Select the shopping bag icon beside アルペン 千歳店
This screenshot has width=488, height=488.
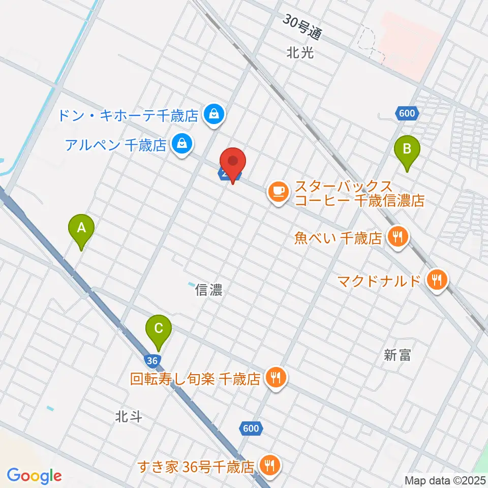coord(181,145)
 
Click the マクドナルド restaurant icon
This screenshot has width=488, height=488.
coord(437,279)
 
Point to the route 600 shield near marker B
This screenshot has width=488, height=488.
coord(407,114)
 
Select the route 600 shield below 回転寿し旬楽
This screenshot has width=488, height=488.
coord(251,429)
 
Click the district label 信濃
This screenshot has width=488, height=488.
coord(209,291)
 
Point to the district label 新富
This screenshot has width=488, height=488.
coord(398,355)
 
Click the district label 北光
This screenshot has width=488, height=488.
coord(300,52)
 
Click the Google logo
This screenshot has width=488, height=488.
coord(34,476)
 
